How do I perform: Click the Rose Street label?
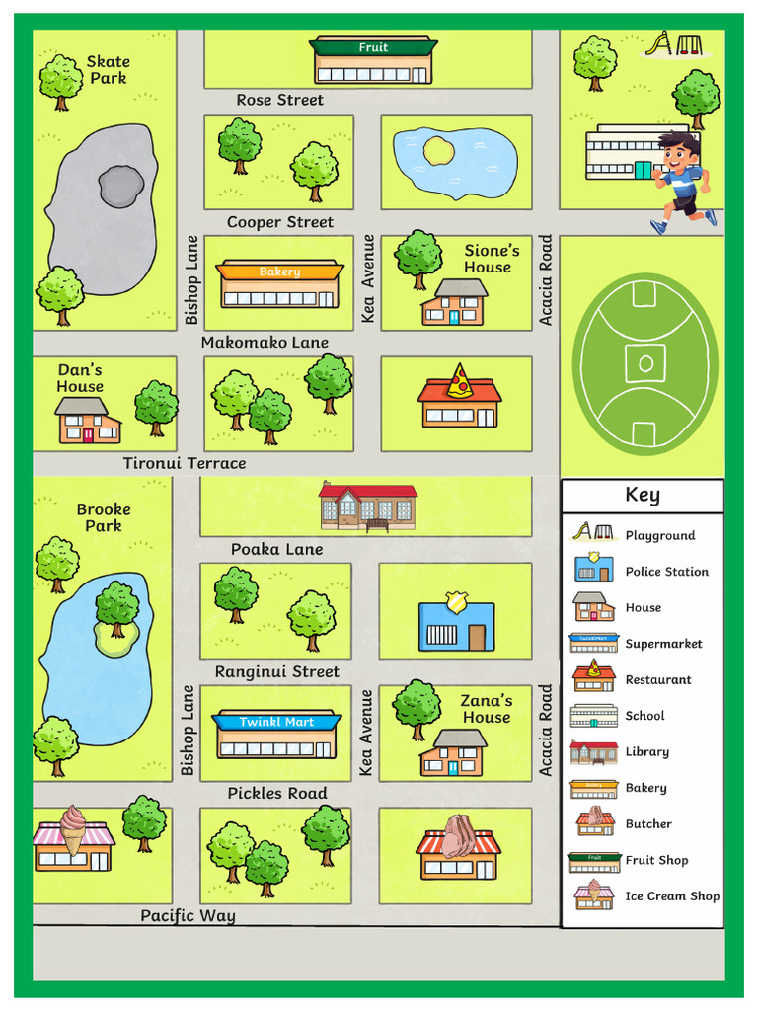pos(279,100)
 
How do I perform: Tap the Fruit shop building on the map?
pos(373,61)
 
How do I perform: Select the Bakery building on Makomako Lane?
pos(279,284)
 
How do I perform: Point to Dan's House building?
pos(88,421)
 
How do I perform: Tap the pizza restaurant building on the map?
pos(459,397)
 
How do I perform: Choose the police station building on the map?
pos(455,622)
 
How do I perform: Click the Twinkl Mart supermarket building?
pos(276,735)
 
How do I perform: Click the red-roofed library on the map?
pos(367,505)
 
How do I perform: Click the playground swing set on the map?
pos(674,44)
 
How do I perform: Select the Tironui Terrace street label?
pos(185,463)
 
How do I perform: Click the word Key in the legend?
pos(643,495)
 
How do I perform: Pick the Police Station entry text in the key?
pos(666,572)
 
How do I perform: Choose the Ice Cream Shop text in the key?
pos(672,896)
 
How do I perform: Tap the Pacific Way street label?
pos(188,915)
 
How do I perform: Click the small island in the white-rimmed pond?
pos(439,151)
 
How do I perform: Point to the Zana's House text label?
pos(487,709)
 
